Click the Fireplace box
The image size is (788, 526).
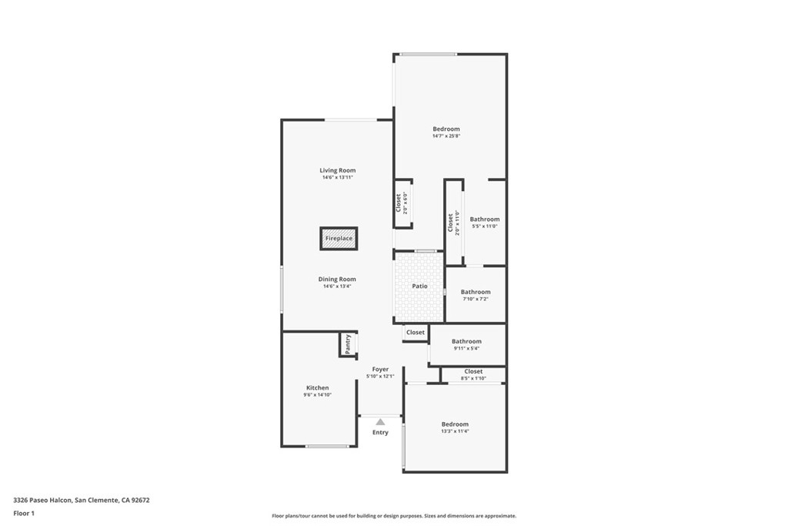[x=339, y=239]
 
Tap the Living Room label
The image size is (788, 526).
[x=338, y=170]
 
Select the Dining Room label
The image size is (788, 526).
[x=338, y=279]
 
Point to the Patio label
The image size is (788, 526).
[x=419, y=286]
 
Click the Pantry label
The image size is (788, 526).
[x=348, y=343]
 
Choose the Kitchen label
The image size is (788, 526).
[x=317, y=387]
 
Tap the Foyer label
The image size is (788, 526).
[x=380, y=370]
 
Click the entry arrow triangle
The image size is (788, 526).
[x=380, y=422]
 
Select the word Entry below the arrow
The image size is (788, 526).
[x=380, y=433]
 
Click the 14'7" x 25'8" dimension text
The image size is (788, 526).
[x=446, y=136]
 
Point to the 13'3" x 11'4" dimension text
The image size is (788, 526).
[x=455, y=431]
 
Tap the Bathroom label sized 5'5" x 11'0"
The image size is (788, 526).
[x=485, y=219]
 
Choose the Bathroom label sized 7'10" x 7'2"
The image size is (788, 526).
[x=476, y=292]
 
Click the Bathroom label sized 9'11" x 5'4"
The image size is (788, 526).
[x=466, y=341]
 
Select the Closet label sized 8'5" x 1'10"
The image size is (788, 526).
[x=473, y=371]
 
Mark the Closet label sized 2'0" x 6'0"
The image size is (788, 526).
[x=398, y=203]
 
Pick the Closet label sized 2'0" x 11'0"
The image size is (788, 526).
[x=451, y=223]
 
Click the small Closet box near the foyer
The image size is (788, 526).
[x=416, y=333]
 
